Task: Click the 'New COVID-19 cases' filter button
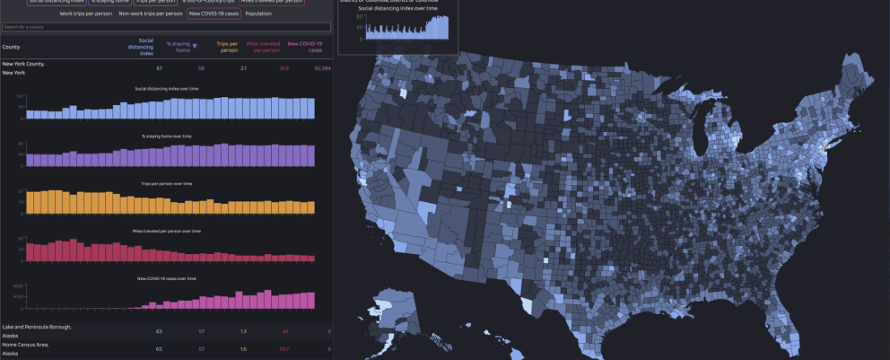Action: point(214,14)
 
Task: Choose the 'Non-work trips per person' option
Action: point(150,14)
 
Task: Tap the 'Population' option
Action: point(258,14)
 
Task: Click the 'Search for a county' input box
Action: point(166,28)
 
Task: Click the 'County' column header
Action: point(11,47)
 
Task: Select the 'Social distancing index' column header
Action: point(146,47)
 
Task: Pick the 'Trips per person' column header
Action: point(227,47)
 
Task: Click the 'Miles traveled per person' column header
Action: point(262,47)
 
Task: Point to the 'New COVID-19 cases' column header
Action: point(305,47)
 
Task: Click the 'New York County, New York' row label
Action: point(23,68)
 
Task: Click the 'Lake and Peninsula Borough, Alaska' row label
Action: point(36,331)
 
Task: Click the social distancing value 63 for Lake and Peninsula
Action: point(159,331)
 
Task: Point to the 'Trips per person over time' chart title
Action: point(167,184)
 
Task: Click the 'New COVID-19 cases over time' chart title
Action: point(167,278)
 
